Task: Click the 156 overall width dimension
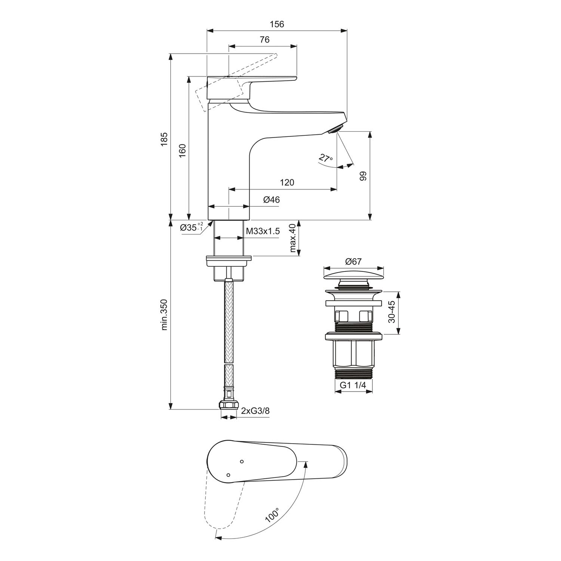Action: (277, 24)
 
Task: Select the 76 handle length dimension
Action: (264, 40)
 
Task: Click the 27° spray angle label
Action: (325, 158)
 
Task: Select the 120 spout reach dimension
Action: (287, 183)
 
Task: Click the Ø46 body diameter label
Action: (272, 200)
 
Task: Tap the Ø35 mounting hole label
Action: (191, 227)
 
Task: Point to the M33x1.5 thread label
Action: (263, 231)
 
